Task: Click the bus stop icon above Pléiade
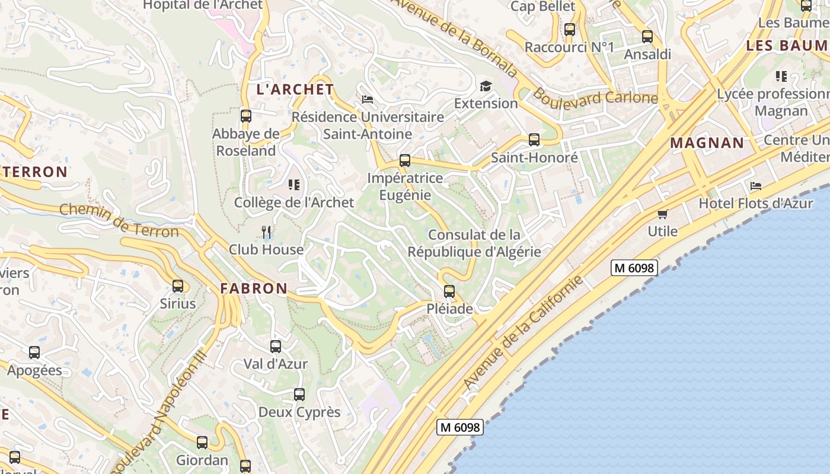[449, 292]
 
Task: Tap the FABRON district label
[254, 289]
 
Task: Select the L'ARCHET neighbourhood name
[295, 89]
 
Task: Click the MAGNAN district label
[707, 143]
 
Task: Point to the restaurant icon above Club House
[267, 232]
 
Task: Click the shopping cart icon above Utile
[662, 214]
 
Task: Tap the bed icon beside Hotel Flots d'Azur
[756, 186]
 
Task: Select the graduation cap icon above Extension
[486, 87]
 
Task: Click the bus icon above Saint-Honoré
[534, 140]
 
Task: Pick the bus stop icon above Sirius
[178, 286]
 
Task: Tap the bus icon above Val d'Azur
[276, 347]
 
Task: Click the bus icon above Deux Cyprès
[299, 395]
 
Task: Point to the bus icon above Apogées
[34, 353]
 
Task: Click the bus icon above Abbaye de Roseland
[246, 116]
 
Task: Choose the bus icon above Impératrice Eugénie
[405, 161]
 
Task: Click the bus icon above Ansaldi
[647, 37]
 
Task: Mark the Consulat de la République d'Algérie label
[474, 244]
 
